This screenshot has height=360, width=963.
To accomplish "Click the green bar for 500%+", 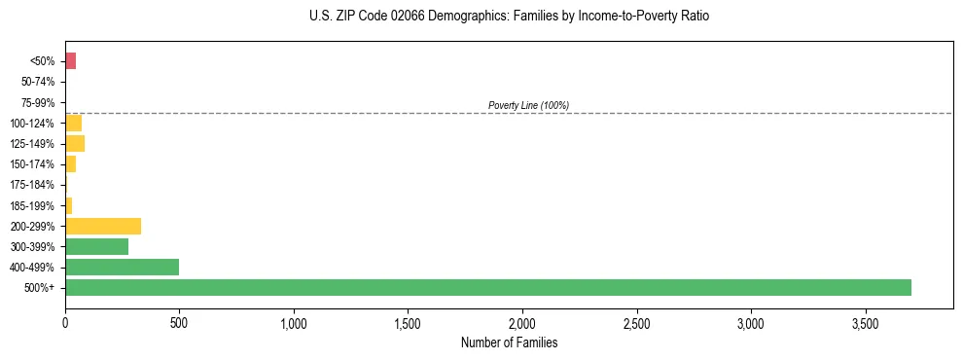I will tap(487, 287).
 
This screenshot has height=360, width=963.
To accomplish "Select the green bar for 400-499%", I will tap(122, 267).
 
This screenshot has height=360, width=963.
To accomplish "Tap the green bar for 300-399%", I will tap(96, 246).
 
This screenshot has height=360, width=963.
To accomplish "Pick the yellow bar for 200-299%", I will tap(103, 226).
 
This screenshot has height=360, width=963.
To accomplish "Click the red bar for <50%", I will tap(70, 61).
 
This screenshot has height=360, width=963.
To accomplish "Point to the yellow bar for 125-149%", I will tap(75, 144).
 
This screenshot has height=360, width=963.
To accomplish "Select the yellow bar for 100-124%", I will tap(73, 124).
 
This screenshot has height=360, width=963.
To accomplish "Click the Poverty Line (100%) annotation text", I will tap(528, 105).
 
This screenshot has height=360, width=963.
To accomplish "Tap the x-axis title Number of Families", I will tap(510, 342).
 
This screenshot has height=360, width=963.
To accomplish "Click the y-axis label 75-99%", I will tap(39, 103).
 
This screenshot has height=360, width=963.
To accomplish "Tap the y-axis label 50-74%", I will tap(39, 82).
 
